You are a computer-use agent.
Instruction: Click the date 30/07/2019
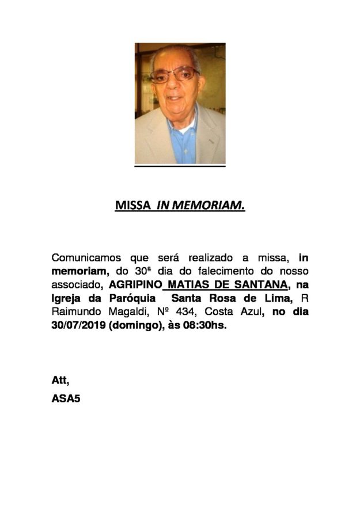point(77,325)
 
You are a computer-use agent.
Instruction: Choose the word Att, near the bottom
point(60,379)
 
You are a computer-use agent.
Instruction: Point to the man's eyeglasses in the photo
point(177,75)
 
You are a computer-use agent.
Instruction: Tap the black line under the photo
point(180,166)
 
